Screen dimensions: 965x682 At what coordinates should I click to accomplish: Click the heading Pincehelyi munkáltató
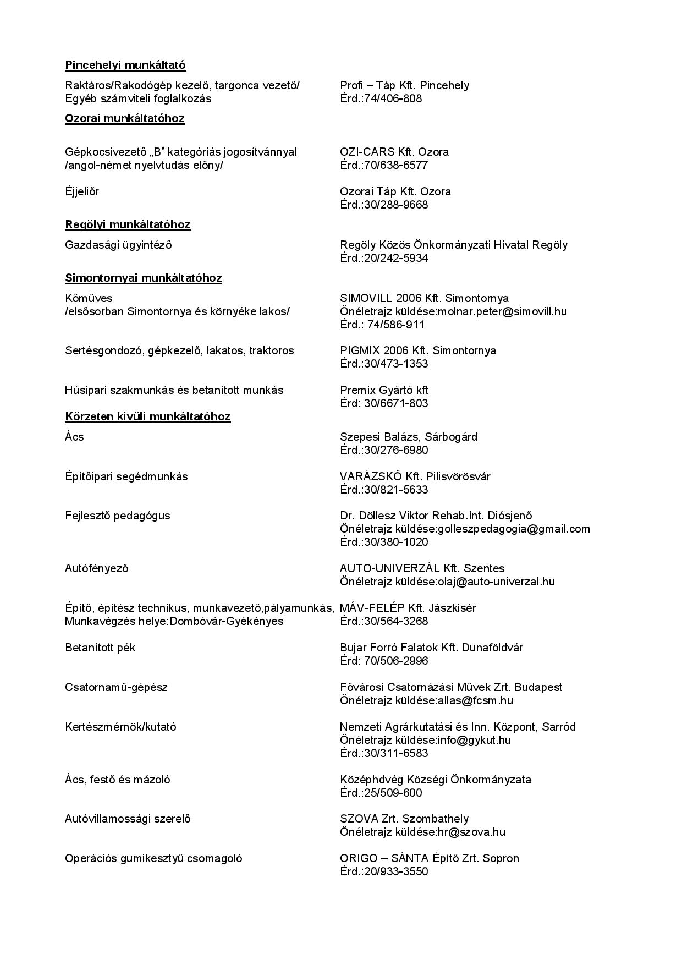pyautogui.click(x=125, y=65)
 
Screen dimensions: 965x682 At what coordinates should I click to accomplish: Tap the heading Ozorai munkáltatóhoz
pyautogui.click(x=125, y=118)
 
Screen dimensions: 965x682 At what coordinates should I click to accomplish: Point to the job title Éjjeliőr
pyautogui.click(x=82, y=191)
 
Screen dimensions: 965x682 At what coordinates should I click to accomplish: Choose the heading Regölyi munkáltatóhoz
pyautogui.click(x=128, y=224)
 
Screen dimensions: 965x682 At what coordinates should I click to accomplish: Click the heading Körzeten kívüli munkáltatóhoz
pyautogui.click(x=147, y=416)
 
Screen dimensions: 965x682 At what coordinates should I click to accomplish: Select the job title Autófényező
pyautogui.click(x=97, y=568)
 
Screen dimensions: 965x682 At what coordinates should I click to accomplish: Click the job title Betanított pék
pyautogui.click(x=100, y=648)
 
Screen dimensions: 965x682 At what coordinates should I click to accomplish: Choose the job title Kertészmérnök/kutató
pyautogui.click(x=120, y=727)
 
